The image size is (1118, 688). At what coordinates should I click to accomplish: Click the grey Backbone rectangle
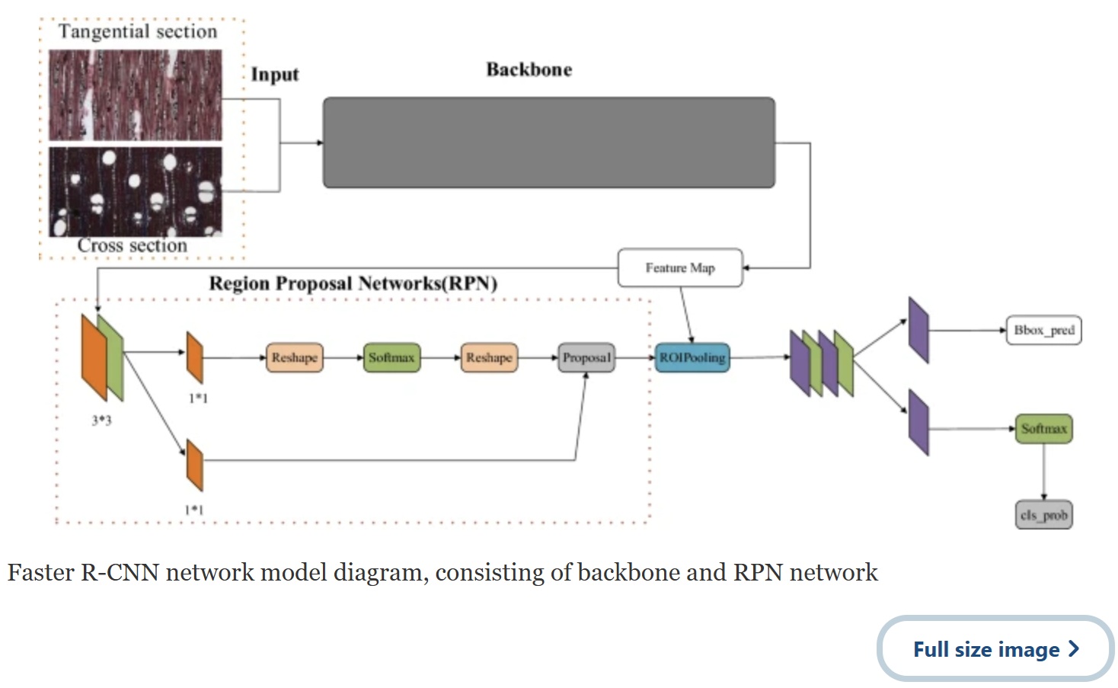click(548, 142)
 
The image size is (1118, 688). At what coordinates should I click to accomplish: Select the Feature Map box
click(680, 267)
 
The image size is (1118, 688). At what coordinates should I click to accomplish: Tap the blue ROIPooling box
click(692, 357)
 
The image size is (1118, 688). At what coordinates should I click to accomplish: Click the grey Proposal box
click(586, 357)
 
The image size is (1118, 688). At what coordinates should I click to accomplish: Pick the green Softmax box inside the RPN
click(391, 357)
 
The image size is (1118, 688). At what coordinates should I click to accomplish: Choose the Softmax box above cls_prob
click(1043, 429)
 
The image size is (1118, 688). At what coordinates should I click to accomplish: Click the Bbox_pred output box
click(1043, 331)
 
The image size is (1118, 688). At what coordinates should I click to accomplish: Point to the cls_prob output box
click(1043, 515)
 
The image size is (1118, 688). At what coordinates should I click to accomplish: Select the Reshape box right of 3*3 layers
click(295, 357)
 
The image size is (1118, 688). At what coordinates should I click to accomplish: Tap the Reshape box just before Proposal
click(489, 357)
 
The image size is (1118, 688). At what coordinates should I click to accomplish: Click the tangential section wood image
click(136, 95)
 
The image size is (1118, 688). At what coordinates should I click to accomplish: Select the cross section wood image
click(136, 191)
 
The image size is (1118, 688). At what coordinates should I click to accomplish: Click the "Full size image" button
click(995, 649)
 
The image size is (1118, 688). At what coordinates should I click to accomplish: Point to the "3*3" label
click(101, 420)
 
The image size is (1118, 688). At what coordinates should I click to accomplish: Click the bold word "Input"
click(275, 75)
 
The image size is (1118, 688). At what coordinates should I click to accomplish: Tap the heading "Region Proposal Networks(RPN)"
click(353, 283)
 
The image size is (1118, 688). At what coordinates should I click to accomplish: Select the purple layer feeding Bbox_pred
click(918, 331)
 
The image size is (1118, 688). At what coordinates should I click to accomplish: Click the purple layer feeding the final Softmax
click(918, 423)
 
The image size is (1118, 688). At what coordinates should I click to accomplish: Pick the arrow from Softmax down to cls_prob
click(1044, 472)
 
